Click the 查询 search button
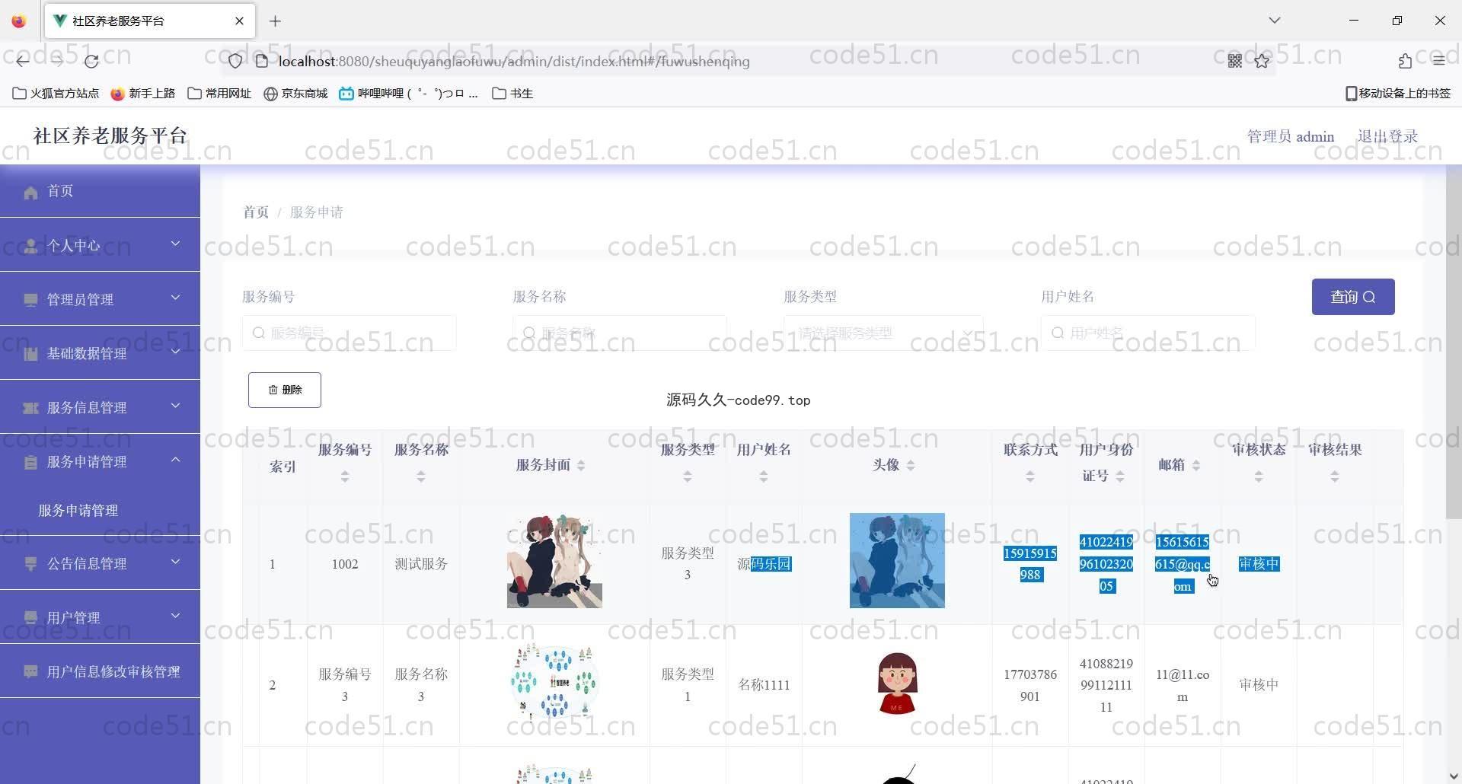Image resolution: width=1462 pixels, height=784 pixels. click(x=1352, y=297)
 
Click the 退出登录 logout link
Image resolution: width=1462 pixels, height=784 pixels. click(x=1387, y=136)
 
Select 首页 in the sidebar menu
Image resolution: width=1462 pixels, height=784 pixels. click(x=60, y=191)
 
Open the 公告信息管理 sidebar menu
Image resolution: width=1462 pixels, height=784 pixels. click(x=87, y=563)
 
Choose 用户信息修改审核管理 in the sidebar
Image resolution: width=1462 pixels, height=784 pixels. click(x=113, y=671)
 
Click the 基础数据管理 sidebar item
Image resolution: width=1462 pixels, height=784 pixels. click(x=87, y=353)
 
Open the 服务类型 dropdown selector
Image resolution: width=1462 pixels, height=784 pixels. click(x=883, y=333)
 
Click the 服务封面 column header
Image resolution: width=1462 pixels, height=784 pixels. click(x=543, y=465)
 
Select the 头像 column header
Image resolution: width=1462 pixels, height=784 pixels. click(x=886, y=465)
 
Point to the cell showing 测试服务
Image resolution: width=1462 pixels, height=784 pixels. click(x=421, y=564)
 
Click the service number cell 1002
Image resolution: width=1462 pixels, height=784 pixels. click(x=345, y=564)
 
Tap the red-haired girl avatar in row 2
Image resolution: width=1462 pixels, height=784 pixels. click(x=897, y=683)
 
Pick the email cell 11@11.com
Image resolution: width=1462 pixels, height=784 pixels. click(x=1182, y=685)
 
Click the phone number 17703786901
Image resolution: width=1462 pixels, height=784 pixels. click(x=1029, y=685)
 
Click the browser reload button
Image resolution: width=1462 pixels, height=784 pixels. click(x=91, y=61)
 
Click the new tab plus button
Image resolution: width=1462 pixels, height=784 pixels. click(x=275, y=21)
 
